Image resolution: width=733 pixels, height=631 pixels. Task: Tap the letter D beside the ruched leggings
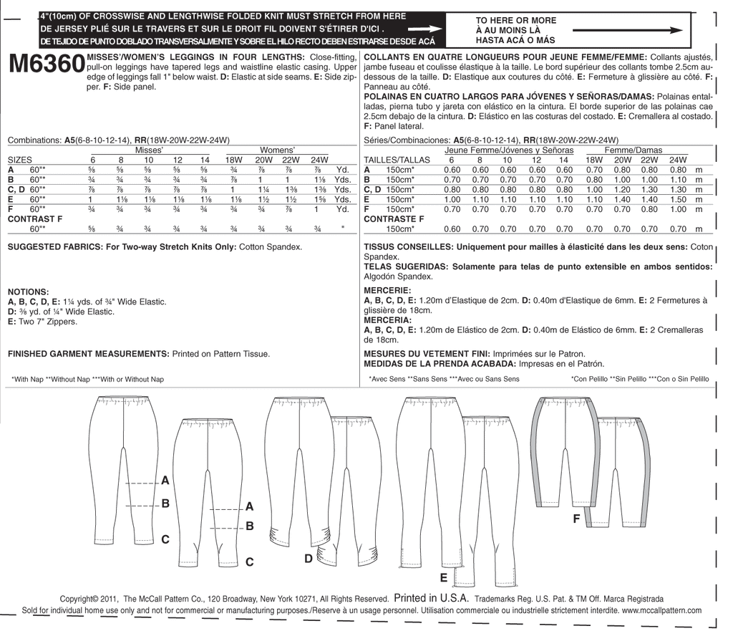pyautogui.click(x=309, y=559)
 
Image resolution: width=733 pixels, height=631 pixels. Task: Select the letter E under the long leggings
pyautogui.click(x=444, y=577)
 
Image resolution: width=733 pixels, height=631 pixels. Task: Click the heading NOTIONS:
pyautogui.click(x=28, y=292)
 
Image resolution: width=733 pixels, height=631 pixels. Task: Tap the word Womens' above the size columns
pyautogui.click(x=278, y=150)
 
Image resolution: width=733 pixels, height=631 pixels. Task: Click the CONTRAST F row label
pyautogui.click(x=32, y=218)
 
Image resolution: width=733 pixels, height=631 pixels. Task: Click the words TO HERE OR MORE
pyautogui.click(x=513, y=21)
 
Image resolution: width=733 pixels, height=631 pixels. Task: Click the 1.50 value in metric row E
pyautogui.click(x=676, y=199)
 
